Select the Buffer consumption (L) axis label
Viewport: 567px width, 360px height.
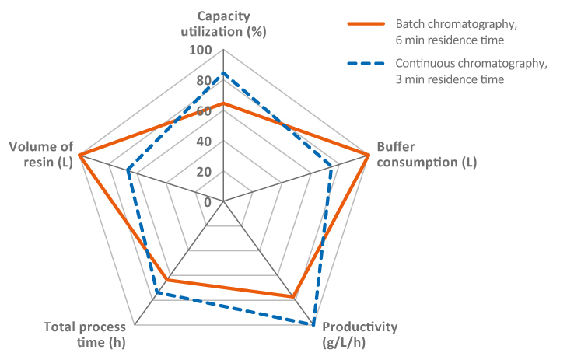click(426, 155)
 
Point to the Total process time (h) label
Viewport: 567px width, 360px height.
click(85, 334)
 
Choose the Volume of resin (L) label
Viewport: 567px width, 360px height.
click(40, 155)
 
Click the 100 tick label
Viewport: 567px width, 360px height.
click(201, 51)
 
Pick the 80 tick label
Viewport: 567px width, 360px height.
click(204, 81)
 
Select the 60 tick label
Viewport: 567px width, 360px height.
click(204, 111)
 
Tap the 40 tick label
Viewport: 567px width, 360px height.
click(204, 142)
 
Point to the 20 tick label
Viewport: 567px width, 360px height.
click(204, 172)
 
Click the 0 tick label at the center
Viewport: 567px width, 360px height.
click(207, 202)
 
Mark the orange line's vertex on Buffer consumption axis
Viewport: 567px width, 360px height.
click(367, 155)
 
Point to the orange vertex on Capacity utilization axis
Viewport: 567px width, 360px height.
click(223, 103)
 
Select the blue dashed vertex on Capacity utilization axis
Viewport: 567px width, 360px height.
click(223, 73)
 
